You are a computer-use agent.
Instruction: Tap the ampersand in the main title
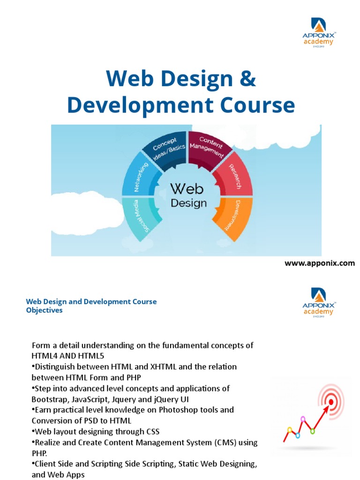(247, 79)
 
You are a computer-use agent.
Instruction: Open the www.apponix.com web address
(320, 263)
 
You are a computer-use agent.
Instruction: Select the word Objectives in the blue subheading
(44, 310)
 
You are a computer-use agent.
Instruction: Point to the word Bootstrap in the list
(50, 399)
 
